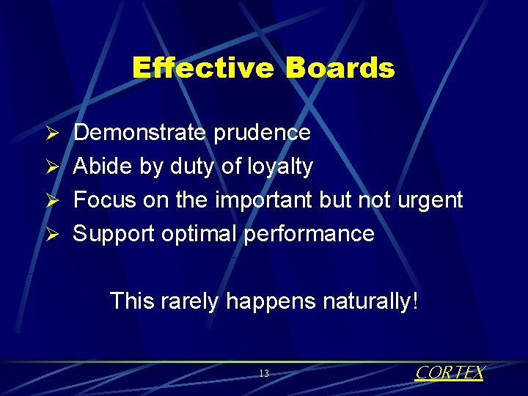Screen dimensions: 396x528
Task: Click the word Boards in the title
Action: [340, 68]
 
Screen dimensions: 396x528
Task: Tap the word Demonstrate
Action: [141, 133]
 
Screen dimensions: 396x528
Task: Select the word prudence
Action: [262, 133]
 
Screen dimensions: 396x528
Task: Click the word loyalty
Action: [281, 167]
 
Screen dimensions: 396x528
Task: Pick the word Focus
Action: [105, 199]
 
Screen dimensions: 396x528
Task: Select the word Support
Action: [112, 234]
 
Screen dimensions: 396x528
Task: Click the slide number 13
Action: [264, 374]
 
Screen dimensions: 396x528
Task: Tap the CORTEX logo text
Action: [449, 373]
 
